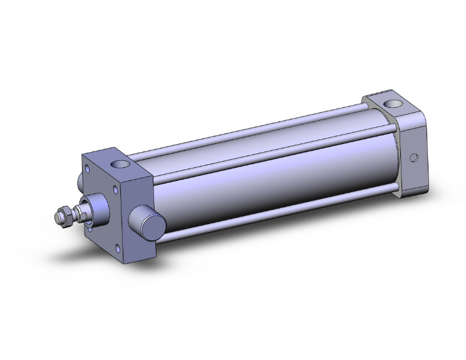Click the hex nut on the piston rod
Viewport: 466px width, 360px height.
(63, 217)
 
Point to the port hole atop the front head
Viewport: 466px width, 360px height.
(119, 165)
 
